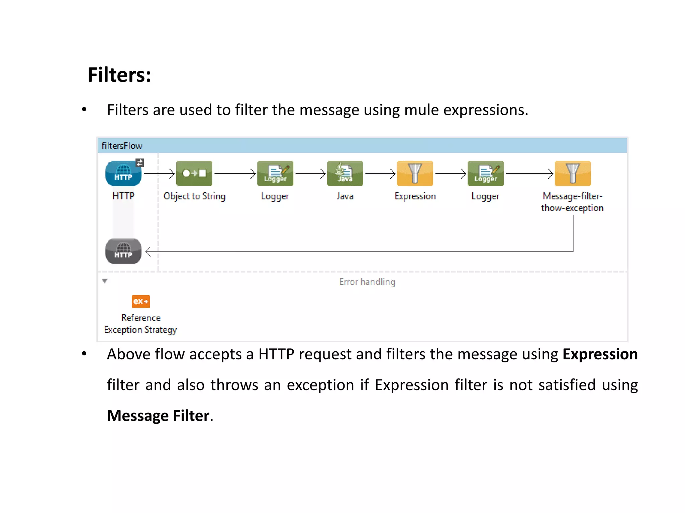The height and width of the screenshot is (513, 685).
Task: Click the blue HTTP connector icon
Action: [123, 174]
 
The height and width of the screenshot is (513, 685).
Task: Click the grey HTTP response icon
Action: [123, 251]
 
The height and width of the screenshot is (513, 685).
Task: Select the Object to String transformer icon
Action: [194, 173]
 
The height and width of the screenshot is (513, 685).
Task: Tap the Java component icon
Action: [345, 173]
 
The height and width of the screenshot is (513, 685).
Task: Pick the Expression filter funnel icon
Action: [415, 173]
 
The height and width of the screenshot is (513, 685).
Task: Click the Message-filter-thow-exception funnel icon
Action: [573, 173]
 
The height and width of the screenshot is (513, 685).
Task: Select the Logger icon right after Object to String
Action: [275, 173]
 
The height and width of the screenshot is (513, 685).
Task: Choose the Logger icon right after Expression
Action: [485, 173]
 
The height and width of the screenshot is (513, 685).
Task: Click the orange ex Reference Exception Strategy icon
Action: [140, 301]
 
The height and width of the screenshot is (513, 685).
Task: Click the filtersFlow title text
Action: [122, 146]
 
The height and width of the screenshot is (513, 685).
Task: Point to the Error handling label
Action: [367, 282]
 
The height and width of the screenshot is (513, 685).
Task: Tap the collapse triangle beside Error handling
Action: [105, 281]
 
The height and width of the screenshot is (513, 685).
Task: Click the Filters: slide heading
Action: [119, 75]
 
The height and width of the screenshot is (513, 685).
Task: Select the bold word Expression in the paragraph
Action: [600, 354]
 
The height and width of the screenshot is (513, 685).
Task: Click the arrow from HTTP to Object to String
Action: [159, 174]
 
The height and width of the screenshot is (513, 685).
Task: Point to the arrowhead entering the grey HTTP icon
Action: [148, 252]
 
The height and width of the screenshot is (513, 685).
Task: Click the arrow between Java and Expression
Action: [380, 174]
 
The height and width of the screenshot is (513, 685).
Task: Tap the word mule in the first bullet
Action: [421, 110]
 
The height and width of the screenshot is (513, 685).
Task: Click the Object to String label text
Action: [194, 196]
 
